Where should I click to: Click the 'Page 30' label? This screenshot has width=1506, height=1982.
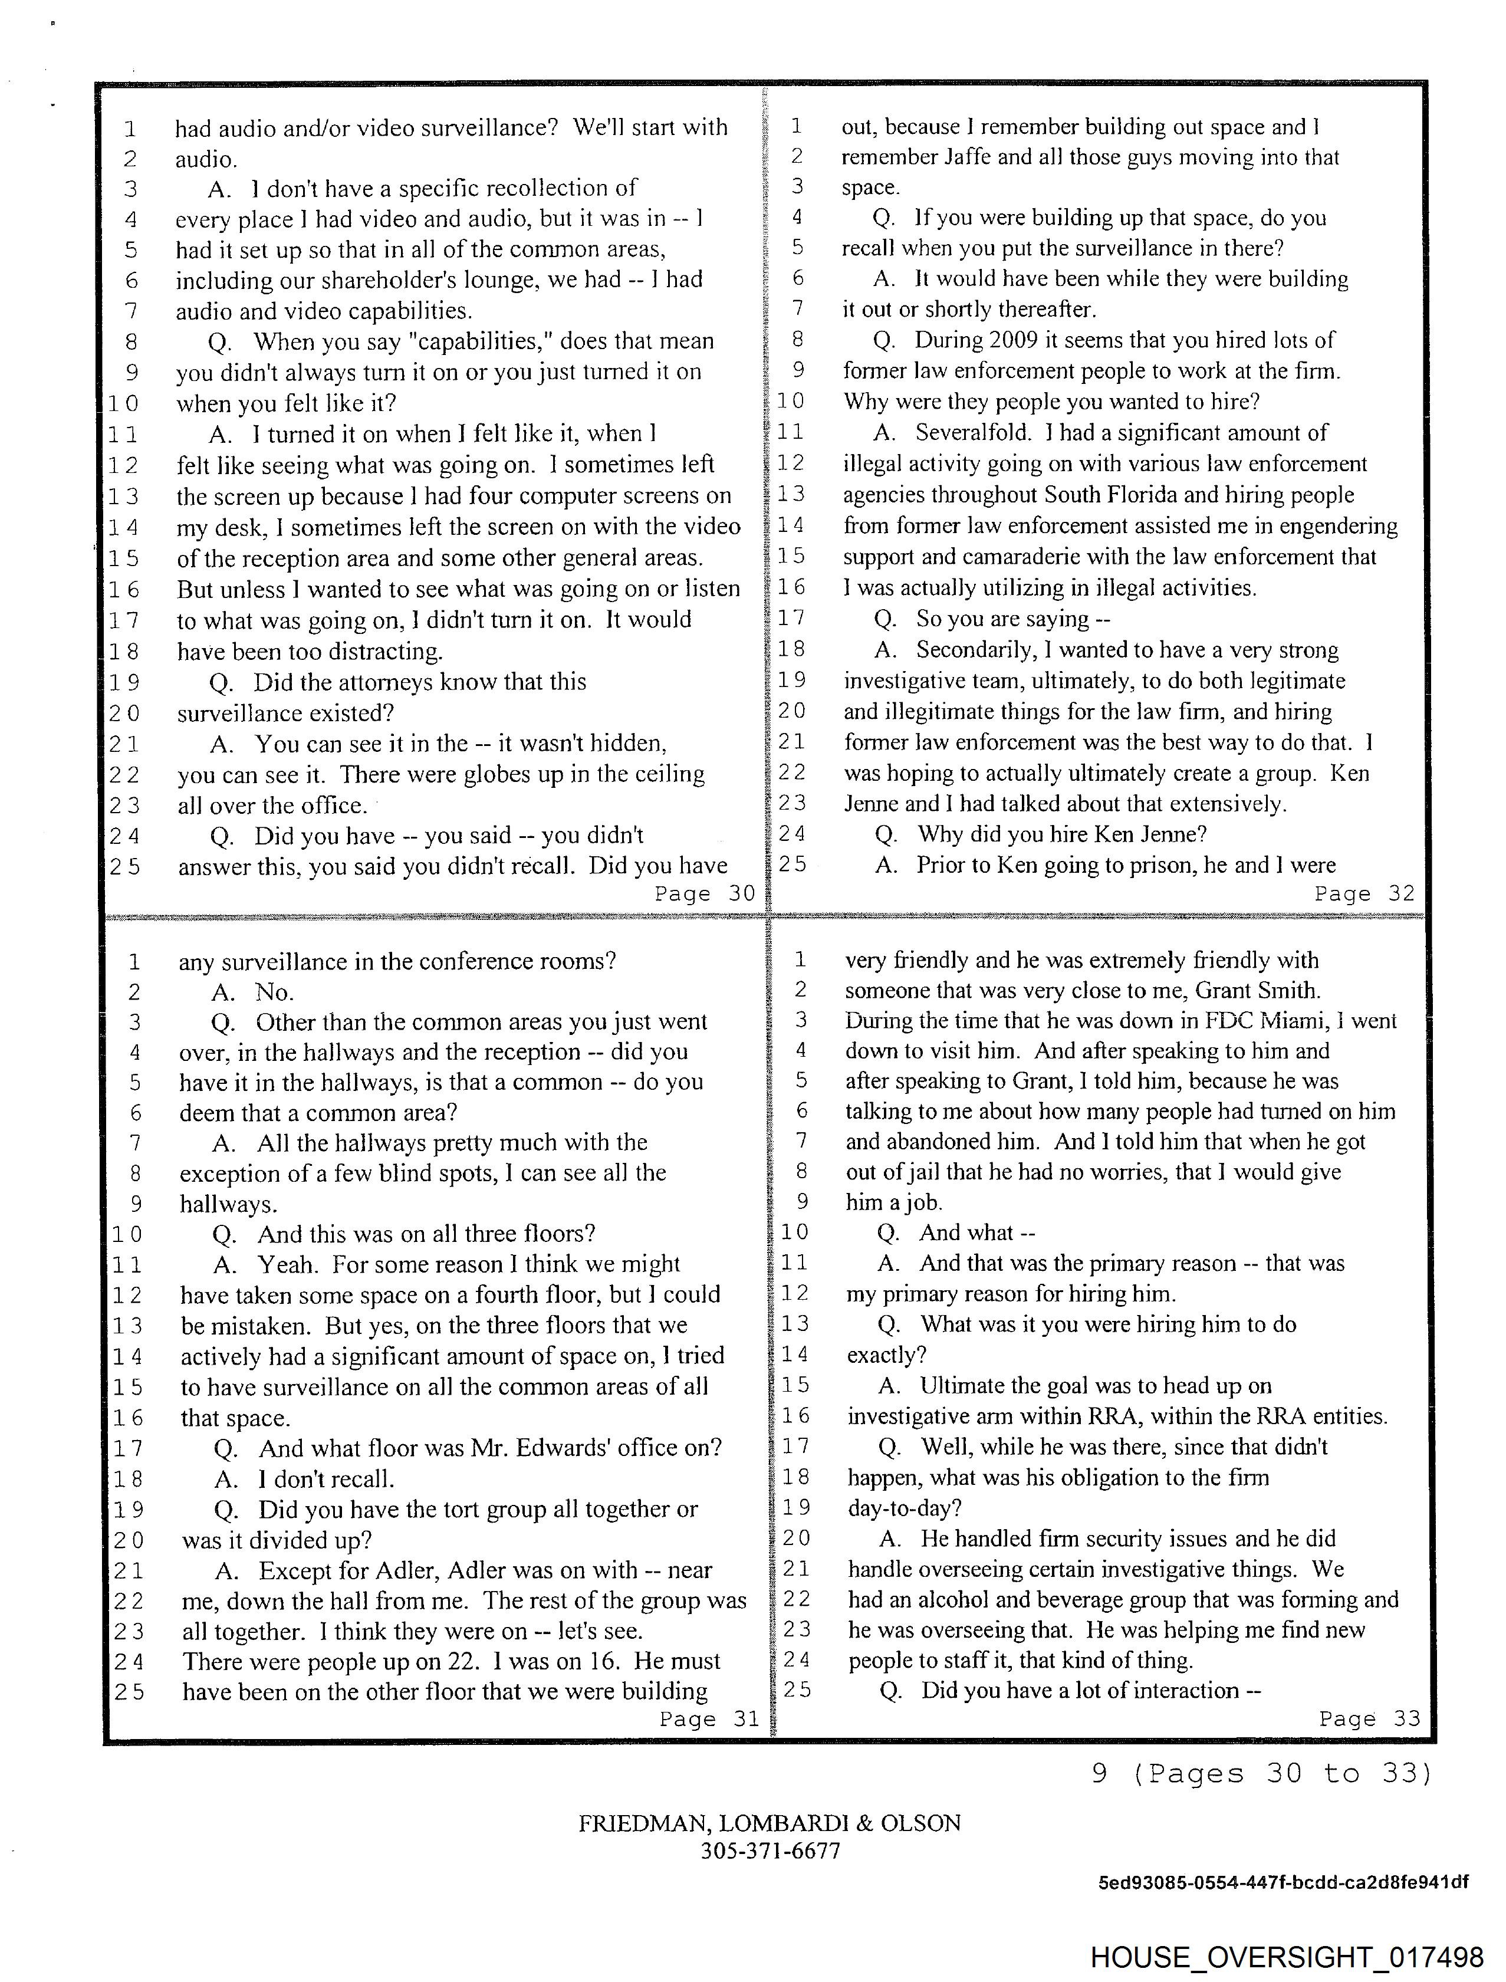[705, 894]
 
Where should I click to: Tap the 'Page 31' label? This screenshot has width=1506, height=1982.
[708, 1718]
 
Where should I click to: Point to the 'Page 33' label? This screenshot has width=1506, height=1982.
[1369, 1718]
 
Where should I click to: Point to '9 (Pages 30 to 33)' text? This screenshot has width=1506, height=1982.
[1262, 1774]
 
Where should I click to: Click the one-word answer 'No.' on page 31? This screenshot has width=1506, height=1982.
[274, 992]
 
